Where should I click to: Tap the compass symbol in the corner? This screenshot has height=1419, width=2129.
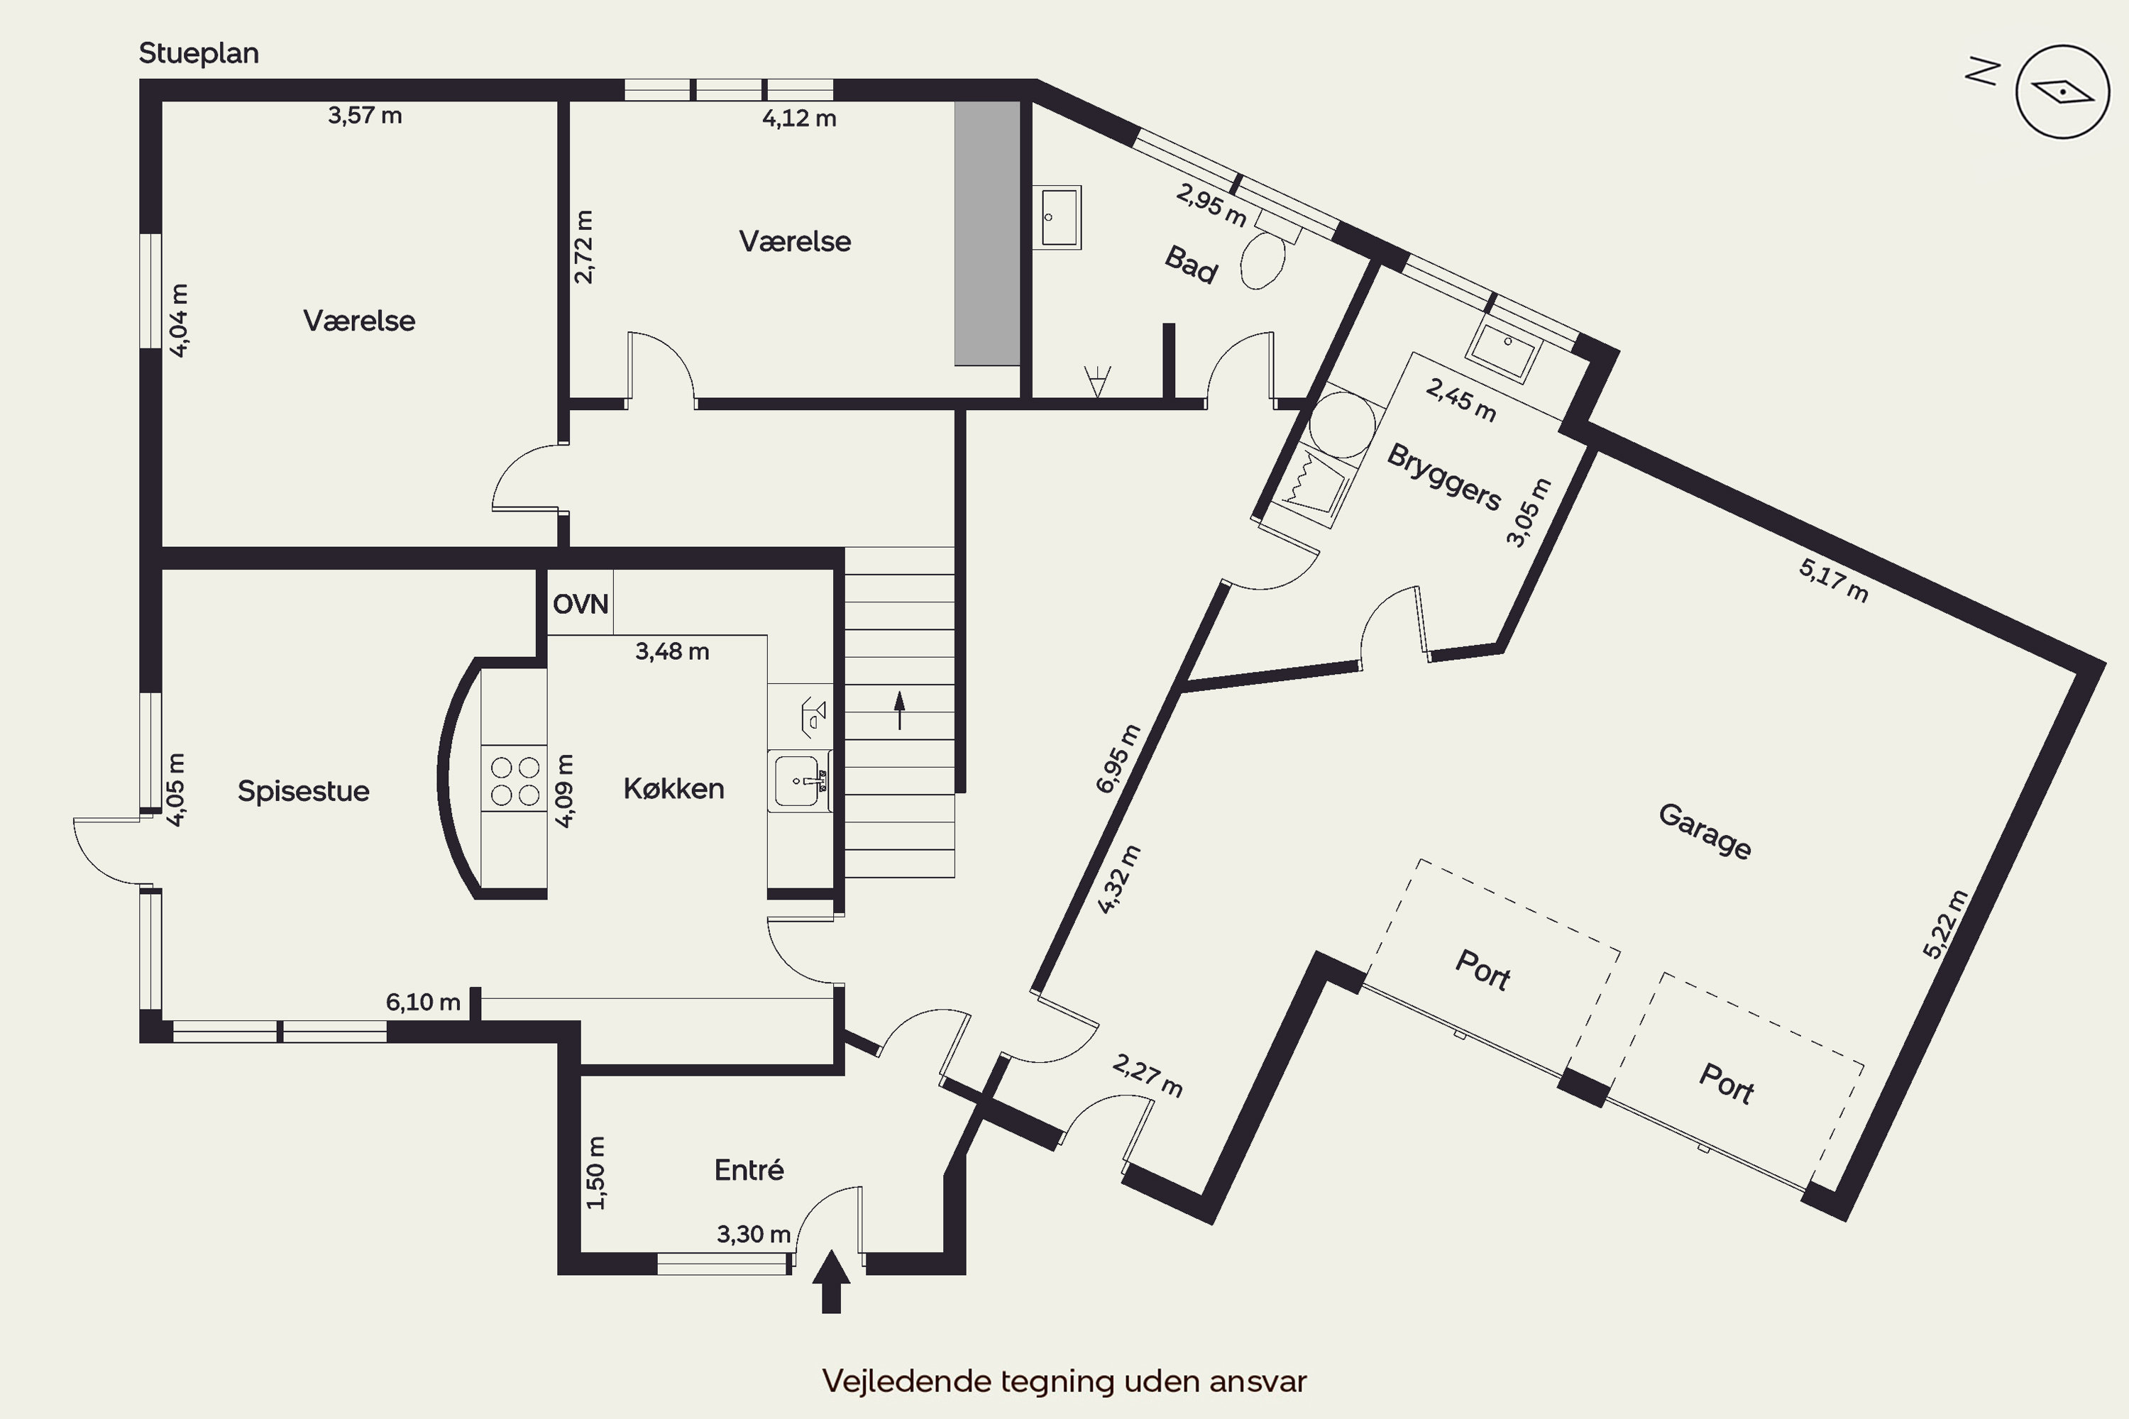[2063, 92]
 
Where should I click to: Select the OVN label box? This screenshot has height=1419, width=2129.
[581, 602]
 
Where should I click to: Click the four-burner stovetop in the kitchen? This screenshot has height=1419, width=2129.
[514, 779]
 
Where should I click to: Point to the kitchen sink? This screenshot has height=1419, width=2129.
[801, 781]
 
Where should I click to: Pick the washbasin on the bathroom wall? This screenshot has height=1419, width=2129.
[1057, 217]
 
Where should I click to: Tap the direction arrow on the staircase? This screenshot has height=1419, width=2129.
[900, 710]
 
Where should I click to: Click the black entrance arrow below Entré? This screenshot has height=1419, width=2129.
[831, 1281]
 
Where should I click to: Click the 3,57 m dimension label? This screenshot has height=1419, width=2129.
[365, 116]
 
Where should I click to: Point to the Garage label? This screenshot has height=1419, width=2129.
[1705, 831]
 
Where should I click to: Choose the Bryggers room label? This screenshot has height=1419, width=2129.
[1443, 477]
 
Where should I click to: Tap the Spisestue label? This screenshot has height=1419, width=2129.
[303, 791]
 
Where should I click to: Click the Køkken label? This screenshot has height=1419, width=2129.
[673, 789]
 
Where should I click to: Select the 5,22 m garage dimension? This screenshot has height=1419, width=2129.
[1945, 924]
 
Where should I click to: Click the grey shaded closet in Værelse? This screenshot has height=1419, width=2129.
[988, 233]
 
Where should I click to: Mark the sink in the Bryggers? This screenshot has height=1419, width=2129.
[1504, 348]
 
